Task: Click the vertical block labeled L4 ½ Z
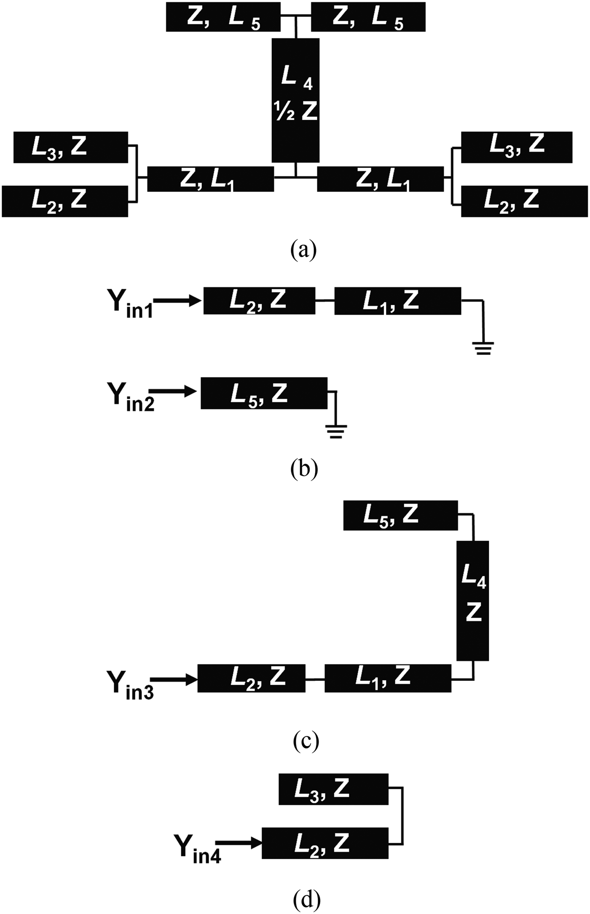pyautogui.click(x=295, y=100)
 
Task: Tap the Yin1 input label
pyautogui.click(x=131, y=303)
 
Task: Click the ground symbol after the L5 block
pyautogui.click(x=336, y=432)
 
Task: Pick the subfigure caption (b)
pyautogui.click(x=304, y=468)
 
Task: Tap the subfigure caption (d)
pyautogui.click(x=306, y=898)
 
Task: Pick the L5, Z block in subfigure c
pyautogui.click(x=400, y=515)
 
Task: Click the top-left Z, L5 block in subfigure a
pyautogui.click(x=223, y=17)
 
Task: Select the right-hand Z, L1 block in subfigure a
pyautogui.click(x=380, y=179)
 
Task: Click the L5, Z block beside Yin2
pyautogui.click(x=264, y=393)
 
